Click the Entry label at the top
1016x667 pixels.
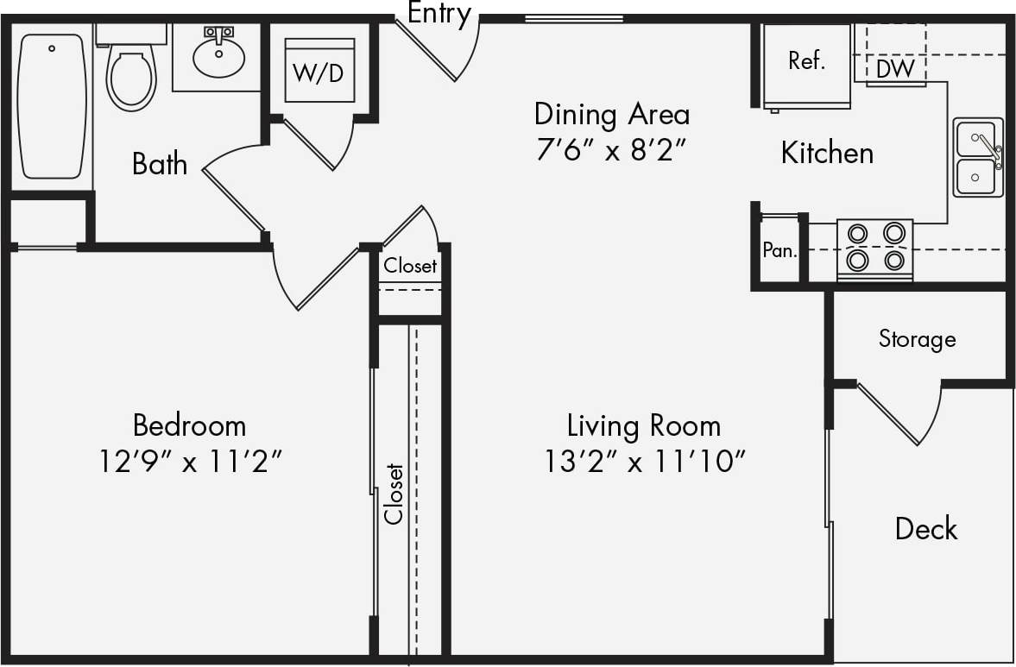point(439,13)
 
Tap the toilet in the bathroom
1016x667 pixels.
point(130,74)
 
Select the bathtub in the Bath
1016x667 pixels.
point(52,105)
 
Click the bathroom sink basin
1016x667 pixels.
point(218,55)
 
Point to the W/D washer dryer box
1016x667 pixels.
point(319,72)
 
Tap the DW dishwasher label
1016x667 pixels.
point(895,69)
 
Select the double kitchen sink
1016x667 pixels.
point(978,158)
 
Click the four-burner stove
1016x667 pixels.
point(875,248)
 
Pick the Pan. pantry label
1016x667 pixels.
point(779,251)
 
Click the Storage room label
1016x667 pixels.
point(917,338)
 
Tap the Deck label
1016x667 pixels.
point(925,528)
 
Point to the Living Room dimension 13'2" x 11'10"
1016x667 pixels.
point(644,462)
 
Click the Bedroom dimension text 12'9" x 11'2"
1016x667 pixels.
point(190,462)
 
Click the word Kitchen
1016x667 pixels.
point(827,153)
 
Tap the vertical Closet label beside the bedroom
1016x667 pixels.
point(394,494)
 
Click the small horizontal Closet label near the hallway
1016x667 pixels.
point(410,266)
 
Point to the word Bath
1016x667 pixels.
point(160,164)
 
